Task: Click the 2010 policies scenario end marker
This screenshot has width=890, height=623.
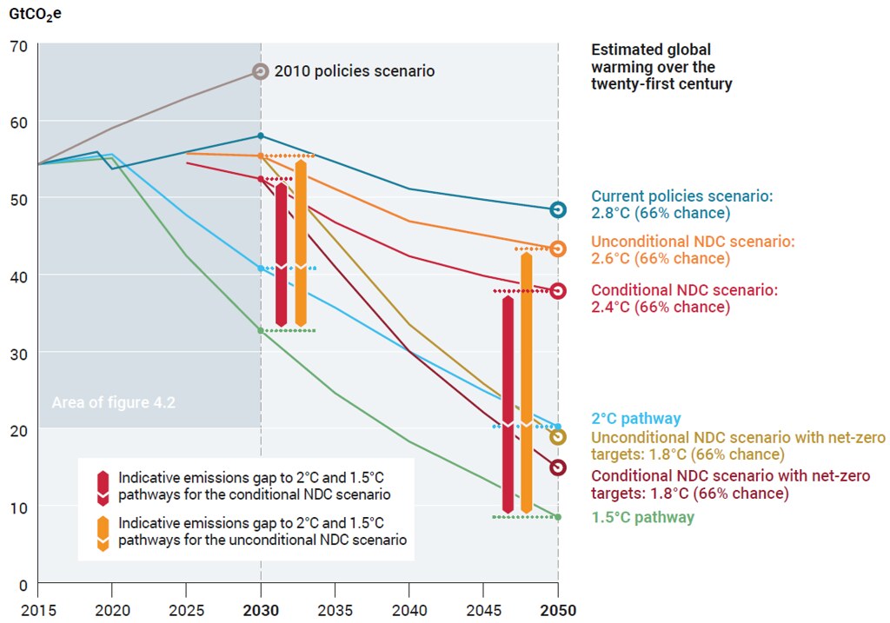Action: coord(261,71)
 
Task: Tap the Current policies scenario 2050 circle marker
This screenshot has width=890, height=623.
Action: coord(558,210)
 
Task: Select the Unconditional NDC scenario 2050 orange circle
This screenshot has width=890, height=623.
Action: coord(558,249)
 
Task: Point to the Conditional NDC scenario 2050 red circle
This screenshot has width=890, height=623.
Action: coord(558,291)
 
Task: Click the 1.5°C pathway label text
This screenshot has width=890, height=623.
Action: coord(642,518)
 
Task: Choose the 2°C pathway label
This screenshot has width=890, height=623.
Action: coord(635,419)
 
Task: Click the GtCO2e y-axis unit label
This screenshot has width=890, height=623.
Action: coord(35,14)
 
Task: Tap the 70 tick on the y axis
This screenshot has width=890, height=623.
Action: coord(19,46)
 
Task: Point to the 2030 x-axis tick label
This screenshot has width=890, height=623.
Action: coord(261,611)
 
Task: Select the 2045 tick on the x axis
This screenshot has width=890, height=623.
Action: coord(483,611)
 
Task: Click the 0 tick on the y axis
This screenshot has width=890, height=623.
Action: coord(23,585)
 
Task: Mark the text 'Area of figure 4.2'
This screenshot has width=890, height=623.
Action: coord(114,403)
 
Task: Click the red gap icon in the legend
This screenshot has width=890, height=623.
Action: coord(103,488)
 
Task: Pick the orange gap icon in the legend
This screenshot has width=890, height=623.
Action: coord(103,534)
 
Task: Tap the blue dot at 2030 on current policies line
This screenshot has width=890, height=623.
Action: coord(261,136)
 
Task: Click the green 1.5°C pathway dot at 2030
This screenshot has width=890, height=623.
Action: coord(261,330)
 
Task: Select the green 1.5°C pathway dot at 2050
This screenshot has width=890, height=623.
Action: coord(558,517)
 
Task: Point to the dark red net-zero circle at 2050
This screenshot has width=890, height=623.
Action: coord(558,467)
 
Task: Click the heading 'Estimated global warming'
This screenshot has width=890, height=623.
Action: coord(651,58)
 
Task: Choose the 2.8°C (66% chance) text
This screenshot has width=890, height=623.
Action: coord(661,214)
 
